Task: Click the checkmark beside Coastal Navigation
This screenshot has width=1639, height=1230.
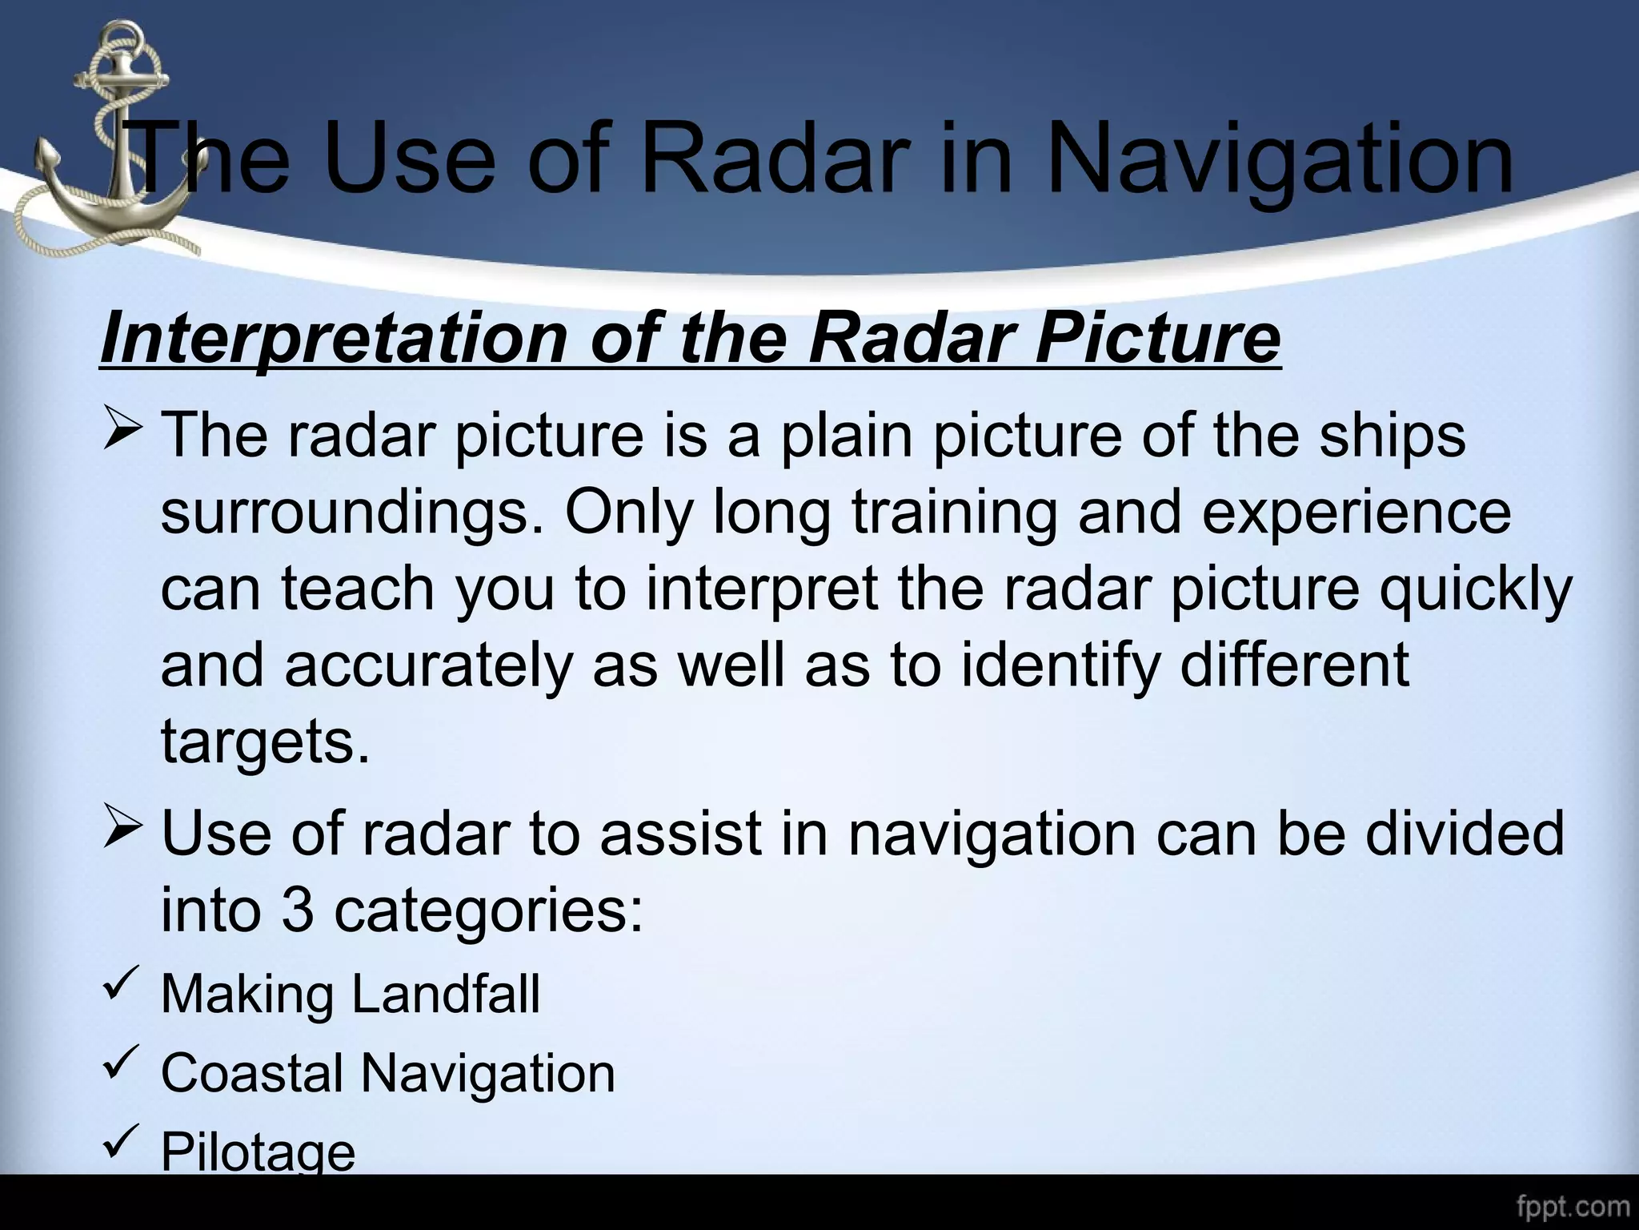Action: coord(121,1064)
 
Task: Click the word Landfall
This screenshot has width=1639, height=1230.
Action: coord(446,994)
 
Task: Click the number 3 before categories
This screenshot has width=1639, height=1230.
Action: coord(297,910)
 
